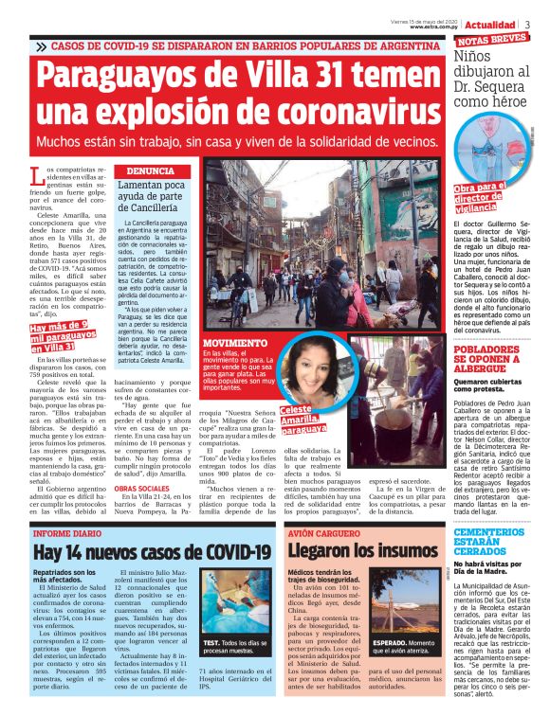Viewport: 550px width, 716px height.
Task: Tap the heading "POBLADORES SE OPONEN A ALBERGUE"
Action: (x=490, y=361)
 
